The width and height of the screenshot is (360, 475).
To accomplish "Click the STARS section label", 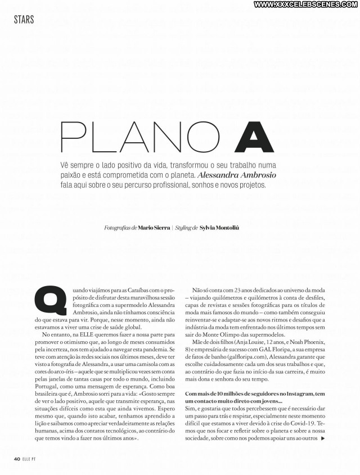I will point(24,20).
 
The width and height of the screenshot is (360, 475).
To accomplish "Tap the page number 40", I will point(17,459).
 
